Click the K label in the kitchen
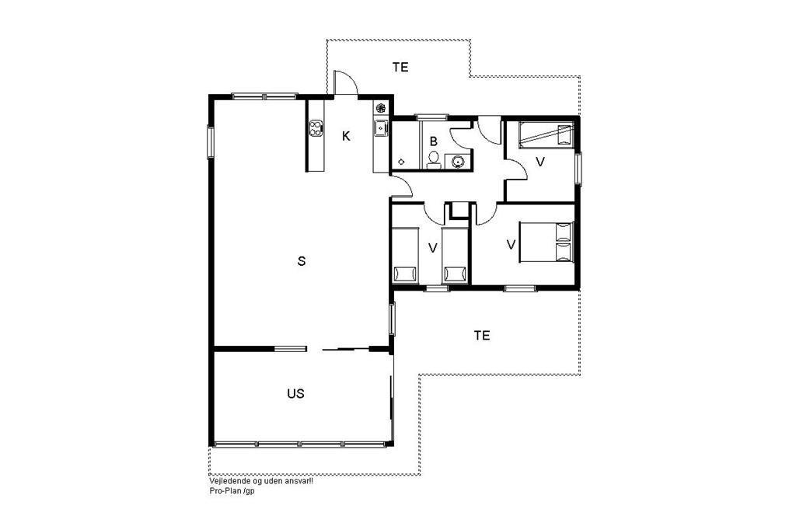point(346,136)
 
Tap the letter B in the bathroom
point(434,141)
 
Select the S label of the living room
point(302,261)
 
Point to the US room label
point(295,393)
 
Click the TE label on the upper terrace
point(400,67)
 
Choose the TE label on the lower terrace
point(482,335)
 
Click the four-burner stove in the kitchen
point(316,127)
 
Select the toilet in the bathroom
point(433,159)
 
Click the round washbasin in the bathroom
point(458,162)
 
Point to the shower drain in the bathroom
point(401,162)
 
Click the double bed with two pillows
point(546,242)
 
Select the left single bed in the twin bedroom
point(406,255)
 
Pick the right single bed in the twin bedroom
point(456,255)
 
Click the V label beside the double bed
point(511,245)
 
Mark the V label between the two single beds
point(432,248)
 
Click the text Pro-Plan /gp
point(232,491)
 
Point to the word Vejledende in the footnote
point(225,481)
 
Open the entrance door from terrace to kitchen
point(345,82)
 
